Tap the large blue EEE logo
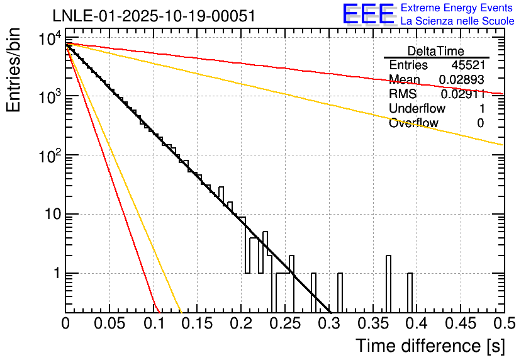(x=367, y=14)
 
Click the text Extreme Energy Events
(x=457, y=8)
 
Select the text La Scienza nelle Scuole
(x=457, y=21)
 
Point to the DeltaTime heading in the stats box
(x=436, y=51)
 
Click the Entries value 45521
(x=467, y=65)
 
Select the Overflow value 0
(x=480, y=123)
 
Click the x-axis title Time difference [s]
(x=429, y=346)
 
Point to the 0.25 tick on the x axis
(x=285, y=323)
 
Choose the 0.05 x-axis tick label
(x=109, y=323)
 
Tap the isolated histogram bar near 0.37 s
(x=388, y=283)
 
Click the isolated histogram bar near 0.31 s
(x=340, y=293)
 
